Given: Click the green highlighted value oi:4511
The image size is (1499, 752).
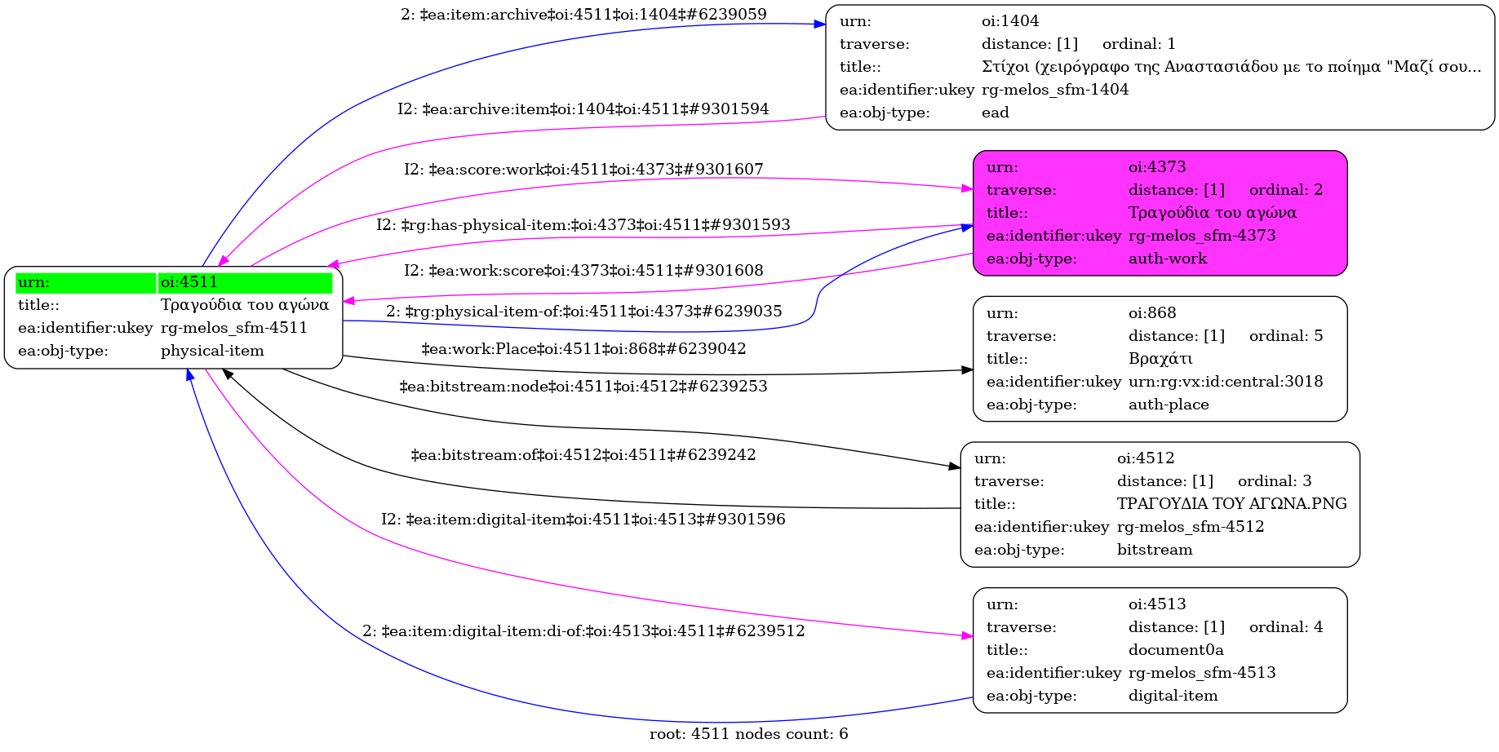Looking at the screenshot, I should pos(189,282).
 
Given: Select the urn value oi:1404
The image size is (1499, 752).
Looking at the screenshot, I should pos(1010,21).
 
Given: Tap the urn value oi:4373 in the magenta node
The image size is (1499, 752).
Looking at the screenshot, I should pos(1157,167).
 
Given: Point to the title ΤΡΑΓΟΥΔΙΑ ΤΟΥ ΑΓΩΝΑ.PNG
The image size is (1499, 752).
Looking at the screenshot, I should pos(1231,504).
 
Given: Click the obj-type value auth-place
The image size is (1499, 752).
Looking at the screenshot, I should pos(1169,405).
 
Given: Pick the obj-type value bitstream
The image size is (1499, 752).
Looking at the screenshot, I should pos(1155,550).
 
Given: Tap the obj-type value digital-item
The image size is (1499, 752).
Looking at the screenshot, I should pos(1173,696).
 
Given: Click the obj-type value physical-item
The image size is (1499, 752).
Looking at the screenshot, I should pos(212,351).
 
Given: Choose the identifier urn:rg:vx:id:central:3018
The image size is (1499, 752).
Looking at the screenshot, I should pos(1226,382).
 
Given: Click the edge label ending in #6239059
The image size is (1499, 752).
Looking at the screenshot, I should pos(583,15).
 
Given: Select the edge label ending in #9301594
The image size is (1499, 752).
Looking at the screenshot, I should pos(583,109).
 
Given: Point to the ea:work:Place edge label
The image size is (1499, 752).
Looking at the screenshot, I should pos(583,349).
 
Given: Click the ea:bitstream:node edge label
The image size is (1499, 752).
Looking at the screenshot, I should pos(583,387).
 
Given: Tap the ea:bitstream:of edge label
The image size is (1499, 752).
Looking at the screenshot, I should pos(583,455).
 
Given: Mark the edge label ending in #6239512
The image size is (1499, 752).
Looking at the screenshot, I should pos(583,631).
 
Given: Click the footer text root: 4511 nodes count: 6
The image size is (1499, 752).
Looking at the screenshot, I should pos(748,734).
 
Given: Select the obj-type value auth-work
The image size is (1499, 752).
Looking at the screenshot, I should pos(1168,259).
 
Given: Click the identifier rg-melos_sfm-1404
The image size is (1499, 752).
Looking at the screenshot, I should pos(1055,90).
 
